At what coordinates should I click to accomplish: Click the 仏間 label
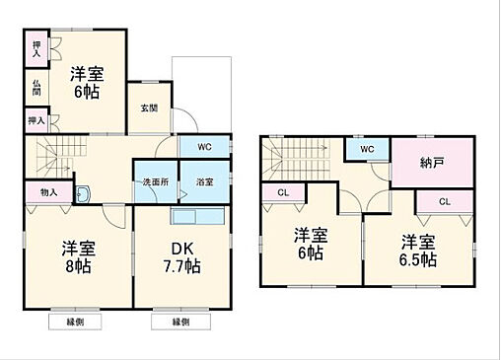click(x=36, y=88)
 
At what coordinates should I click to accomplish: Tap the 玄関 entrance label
click(x=149, y=108)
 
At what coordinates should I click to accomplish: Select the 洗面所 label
click(x=155, y=182)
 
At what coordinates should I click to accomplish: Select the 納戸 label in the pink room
click(x=430, y=162)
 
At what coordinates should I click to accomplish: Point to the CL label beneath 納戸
click(x=444, y=201)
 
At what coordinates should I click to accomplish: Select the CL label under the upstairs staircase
click(x=282, y=192)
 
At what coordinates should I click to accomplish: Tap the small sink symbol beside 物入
click(x=82, y=193)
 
